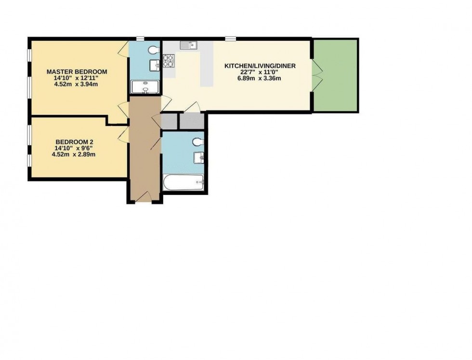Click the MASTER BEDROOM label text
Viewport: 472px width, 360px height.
(77, 72)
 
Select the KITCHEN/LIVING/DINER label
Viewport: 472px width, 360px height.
(260, 66)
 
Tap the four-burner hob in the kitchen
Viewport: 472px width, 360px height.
(169, 61)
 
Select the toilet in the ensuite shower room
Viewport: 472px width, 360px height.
(153, 50)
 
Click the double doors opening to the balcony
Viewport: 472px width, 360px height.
(315, 75)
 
